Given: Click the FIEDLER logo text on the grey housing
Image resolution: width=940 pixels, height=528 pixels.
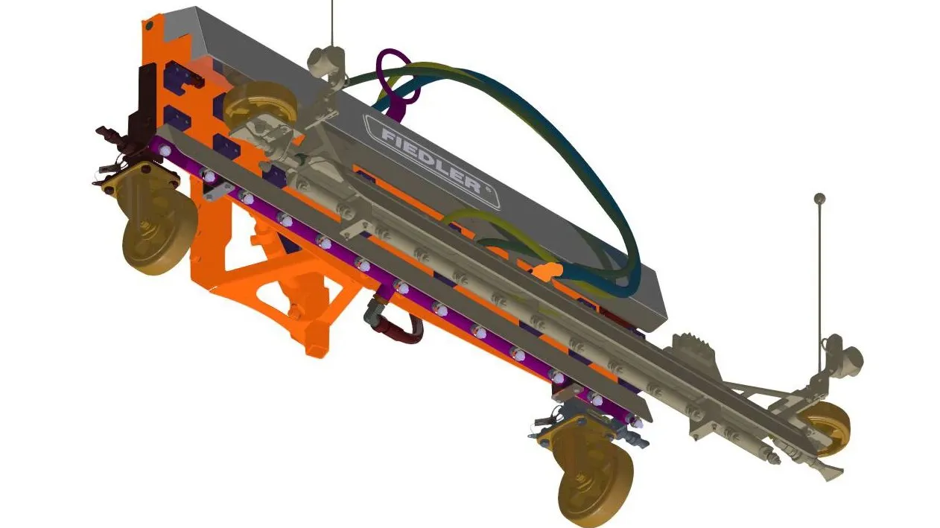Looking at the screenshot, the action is tap(431, 161).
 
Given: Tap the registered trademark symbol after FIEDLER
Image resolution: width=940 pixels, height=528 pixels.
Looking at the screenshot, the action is tap(488, 189).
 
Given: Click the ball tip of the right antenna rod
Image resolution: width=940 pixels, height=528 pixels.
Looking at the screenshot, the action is tap(819, 199).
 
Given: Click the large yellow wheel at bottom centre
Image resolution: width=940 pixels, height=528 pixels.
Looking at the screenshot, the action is tap(596, 483).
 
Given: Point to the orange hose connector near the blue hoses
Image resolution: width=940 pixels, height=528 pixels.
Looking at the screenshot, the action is tap(547, 271).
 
